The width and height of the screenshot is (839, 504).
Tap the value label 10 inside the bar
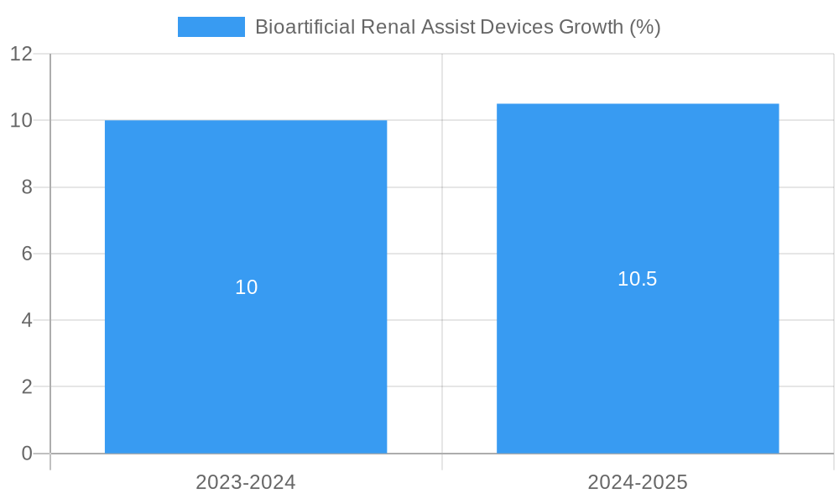click(x=246, y=287)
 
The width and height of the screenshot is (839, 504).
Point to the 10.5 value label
click(x=638, y=279)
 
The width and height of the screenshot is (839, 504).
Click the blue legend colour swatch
click(x=211, y=27)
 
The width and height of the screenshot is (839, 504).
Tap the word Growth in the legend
click(x=591, y=27)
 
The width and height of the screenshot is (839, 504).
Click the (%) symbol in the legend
click(x=645, y=27)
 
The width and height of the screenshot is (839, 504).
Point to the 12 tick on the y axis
click(x=21, y=54)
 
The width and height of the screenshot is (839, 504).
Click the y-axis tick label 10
click(x=21, y=120)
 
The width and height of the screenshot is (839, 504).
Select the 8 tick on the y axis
click(x=27, y=187)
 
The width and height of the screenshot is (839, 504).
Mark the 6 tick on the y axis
click(x=27, y=254)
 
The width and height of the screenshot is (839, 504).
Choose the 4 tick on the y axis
click(x=27, y=320)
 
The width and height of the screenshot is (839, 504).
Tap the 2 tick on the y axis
click(x=27, y=387)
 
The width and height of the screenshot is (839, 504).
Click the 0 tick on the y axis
click(x=27, y=454)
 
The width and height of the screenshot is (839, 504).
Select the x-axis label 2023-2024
click(x=246, y=482)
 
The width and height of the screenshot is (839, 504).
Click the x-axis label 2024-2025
click(x=638, y=482)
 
